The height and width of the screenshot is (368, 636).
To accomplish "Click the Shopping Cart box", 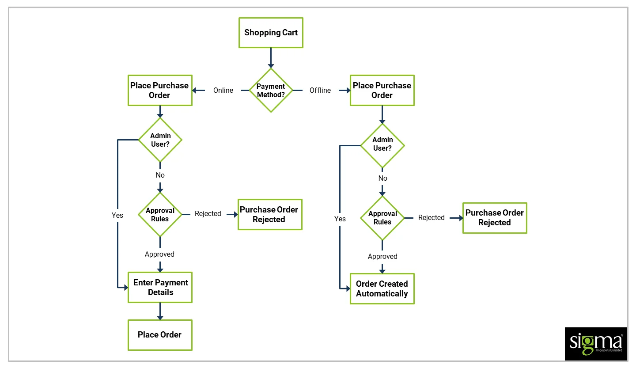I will (x=271, y=33).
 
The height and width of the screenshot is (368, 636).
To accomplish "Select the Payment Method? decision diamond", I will (x=271, y=90).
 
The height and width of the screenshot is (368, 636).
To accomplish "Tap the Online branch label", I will (x=223, y=90).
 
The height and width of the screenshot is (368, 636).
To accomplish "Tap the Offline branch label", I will (x=320, y=90).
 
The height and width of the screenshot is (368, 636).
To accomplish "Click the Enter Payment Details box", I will (x=160, y=287).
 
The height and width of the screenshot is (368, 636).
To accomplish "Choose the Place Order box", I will (x=160, y=335).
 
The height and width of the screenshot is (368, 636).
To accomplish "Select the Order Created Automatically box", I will (x=382, y=288).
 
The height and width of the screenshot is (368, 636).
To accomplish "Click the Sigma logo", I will (x=596, y=344).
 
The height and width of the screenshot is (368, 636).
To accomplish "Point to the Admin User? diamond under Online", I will (x=160, y=140).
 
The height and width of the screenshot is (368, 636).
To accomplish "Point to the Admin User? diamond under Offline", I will (x=382, y=145).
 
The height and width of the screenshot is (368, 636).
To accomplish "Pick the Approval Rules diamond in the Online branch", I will (x=160, y=214).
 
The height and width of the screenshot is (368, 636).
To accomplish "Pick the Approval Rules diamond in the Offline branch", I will (x=382, y=218).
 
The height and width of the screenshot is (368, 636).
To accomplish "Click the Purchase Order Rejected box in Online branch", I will (x=269, y=214).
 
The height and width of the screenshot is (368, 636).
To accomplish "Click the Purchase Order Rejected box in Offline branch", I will (x=495, y=218).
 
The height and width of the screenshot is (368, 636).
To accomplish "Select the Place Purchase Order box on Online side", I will (x=160, y=90).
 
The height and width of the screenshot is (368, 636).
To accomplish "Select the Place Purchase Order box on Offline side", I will (x=382, y=90).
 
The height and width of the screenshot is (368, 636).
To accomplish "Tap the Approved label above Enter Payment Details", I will (x=159, y=254).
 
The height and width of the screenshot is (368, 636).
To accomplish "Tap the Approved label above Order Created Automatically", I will (x=382, y=256).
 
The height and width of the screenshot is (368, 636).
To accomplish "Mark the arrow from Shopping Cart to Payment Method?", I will (x=271, y=58).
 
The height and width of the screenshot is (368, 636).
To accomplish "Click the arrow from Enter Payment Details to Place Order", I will (x=160, y=311).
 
